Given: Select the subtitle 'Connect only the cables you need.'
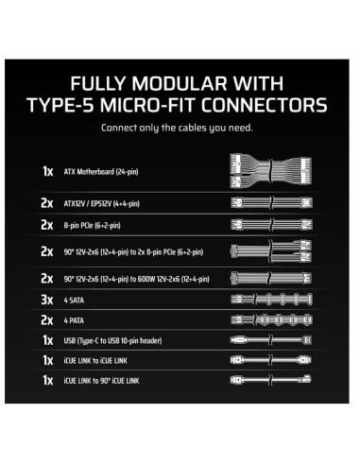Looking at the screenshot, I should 180,128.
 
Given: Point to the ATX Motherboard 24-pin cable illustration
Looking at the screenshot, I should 273,172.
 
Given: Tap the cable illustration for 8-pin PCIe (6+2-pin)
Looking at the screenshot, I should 273,226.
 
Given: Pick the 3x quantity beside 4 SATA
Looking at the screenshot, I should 48,301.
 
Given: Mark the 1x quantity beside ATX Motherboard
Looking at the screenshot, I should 48,172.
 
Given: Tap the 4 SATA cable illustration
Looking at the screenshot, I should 273,301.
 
